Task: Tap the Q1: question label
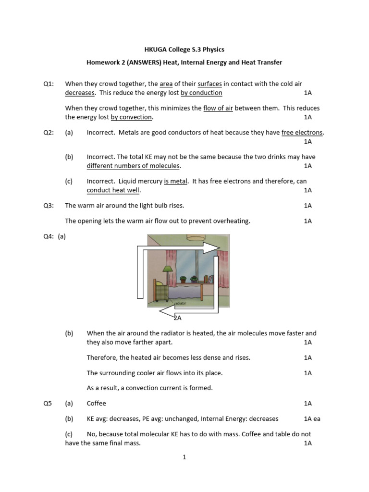coord(48,84)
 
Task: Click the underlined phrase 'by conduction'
coord(201,92)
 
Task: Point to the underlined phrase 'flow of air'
coord(218,108)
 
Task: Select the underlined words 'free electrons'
coord(302,133)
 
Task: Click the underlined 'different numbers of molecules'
coord(134,166)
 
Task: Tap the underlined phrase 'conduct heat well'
coord(113,190)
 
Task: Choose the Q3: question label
coord(48,205)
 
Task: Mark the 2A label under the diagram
coord(177,318)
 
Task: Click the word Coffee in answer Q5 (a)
coord(96,403)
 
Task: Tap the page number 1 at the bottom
coord(184,457)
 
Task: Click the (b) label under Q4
coord(69,333)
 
